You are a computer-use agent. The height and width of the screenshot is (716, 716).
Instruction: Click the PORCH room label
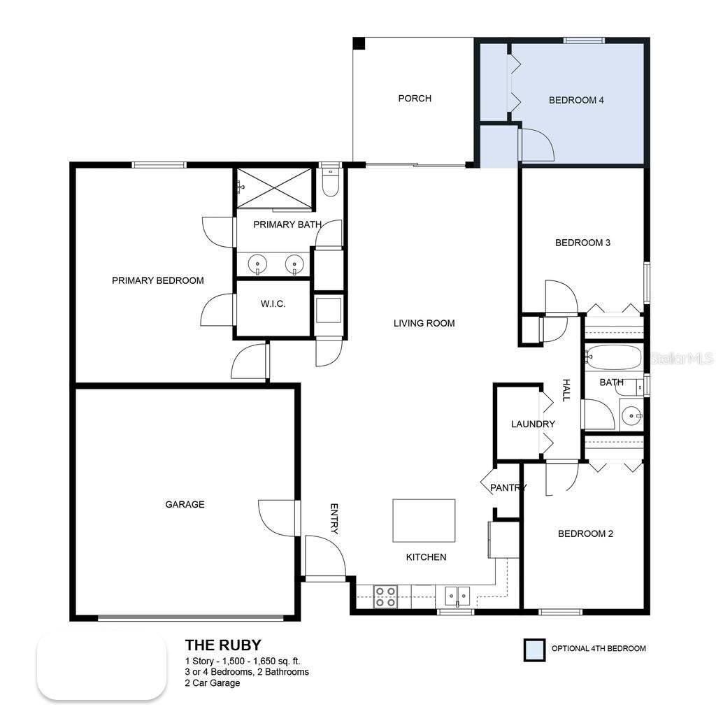[x=415, y=99]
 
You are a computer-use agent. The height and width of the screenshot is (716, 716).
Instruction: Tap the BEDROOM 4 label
[x=576, y=100]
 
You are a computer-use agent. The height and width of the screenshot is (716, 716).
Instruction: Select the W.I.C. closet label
[x=273, y=304]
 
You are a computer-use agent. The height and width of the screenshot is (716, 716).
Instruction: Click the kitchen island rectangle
[x=424, y=520]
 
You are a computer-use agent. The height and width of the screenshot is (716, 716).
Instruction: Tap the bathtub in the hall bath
[x=613, y=357]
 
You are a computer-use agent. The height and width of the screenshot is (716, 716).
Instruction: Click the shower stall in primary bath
[x=274, y=187]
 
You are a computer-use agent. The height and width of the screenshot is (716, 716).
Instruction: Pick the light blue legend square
[x=535, y=650]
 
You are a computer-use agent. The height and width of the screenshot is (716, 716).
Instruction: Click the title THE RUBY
[x=223, y=645]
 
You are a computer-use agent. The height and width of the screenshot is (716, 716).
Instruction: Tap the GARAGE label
[x=185, y=504]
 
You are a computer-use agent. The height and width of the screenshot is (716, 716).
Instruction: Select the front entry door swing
[x=325, y=557]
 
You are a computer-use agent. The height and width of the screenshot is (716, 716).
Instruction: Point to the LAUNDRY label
[x=533, y=424]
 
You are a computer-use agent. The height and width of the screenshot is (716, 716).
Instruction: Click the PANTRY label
[x=508, y=487]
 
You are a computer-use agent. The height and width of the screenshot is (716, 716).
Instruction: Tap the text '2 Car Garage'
[x=213, y=683]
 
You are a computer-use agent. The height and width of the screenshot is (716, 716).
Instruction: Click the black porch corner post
[x=359, y=43]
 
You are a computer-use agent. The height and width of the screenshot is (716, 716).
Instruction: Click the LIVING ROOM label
[x=424, y=323]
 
